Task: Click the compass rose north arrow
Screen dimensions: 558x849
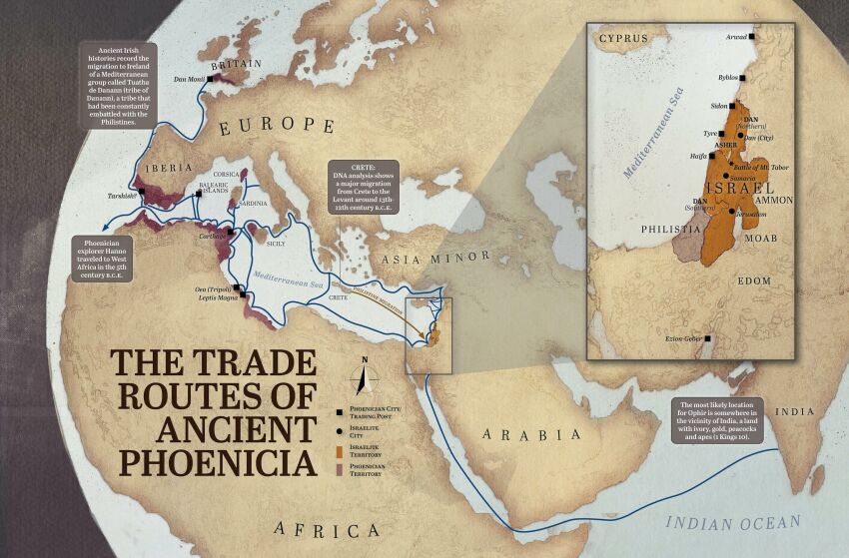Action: tap(365, 376)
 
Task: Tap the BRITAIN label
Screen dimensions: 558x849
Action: tap(236, 64)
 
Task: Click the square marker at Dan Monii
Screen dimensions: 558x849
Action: tap(210, 77)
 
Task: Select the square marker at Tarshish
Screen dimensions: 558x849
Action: tap(143, 191)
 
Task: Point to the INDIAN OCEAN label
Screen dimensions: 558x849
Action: tap(733, 522)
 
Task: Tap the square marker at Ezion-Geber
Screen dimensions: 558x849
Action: tap(707, 339)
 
